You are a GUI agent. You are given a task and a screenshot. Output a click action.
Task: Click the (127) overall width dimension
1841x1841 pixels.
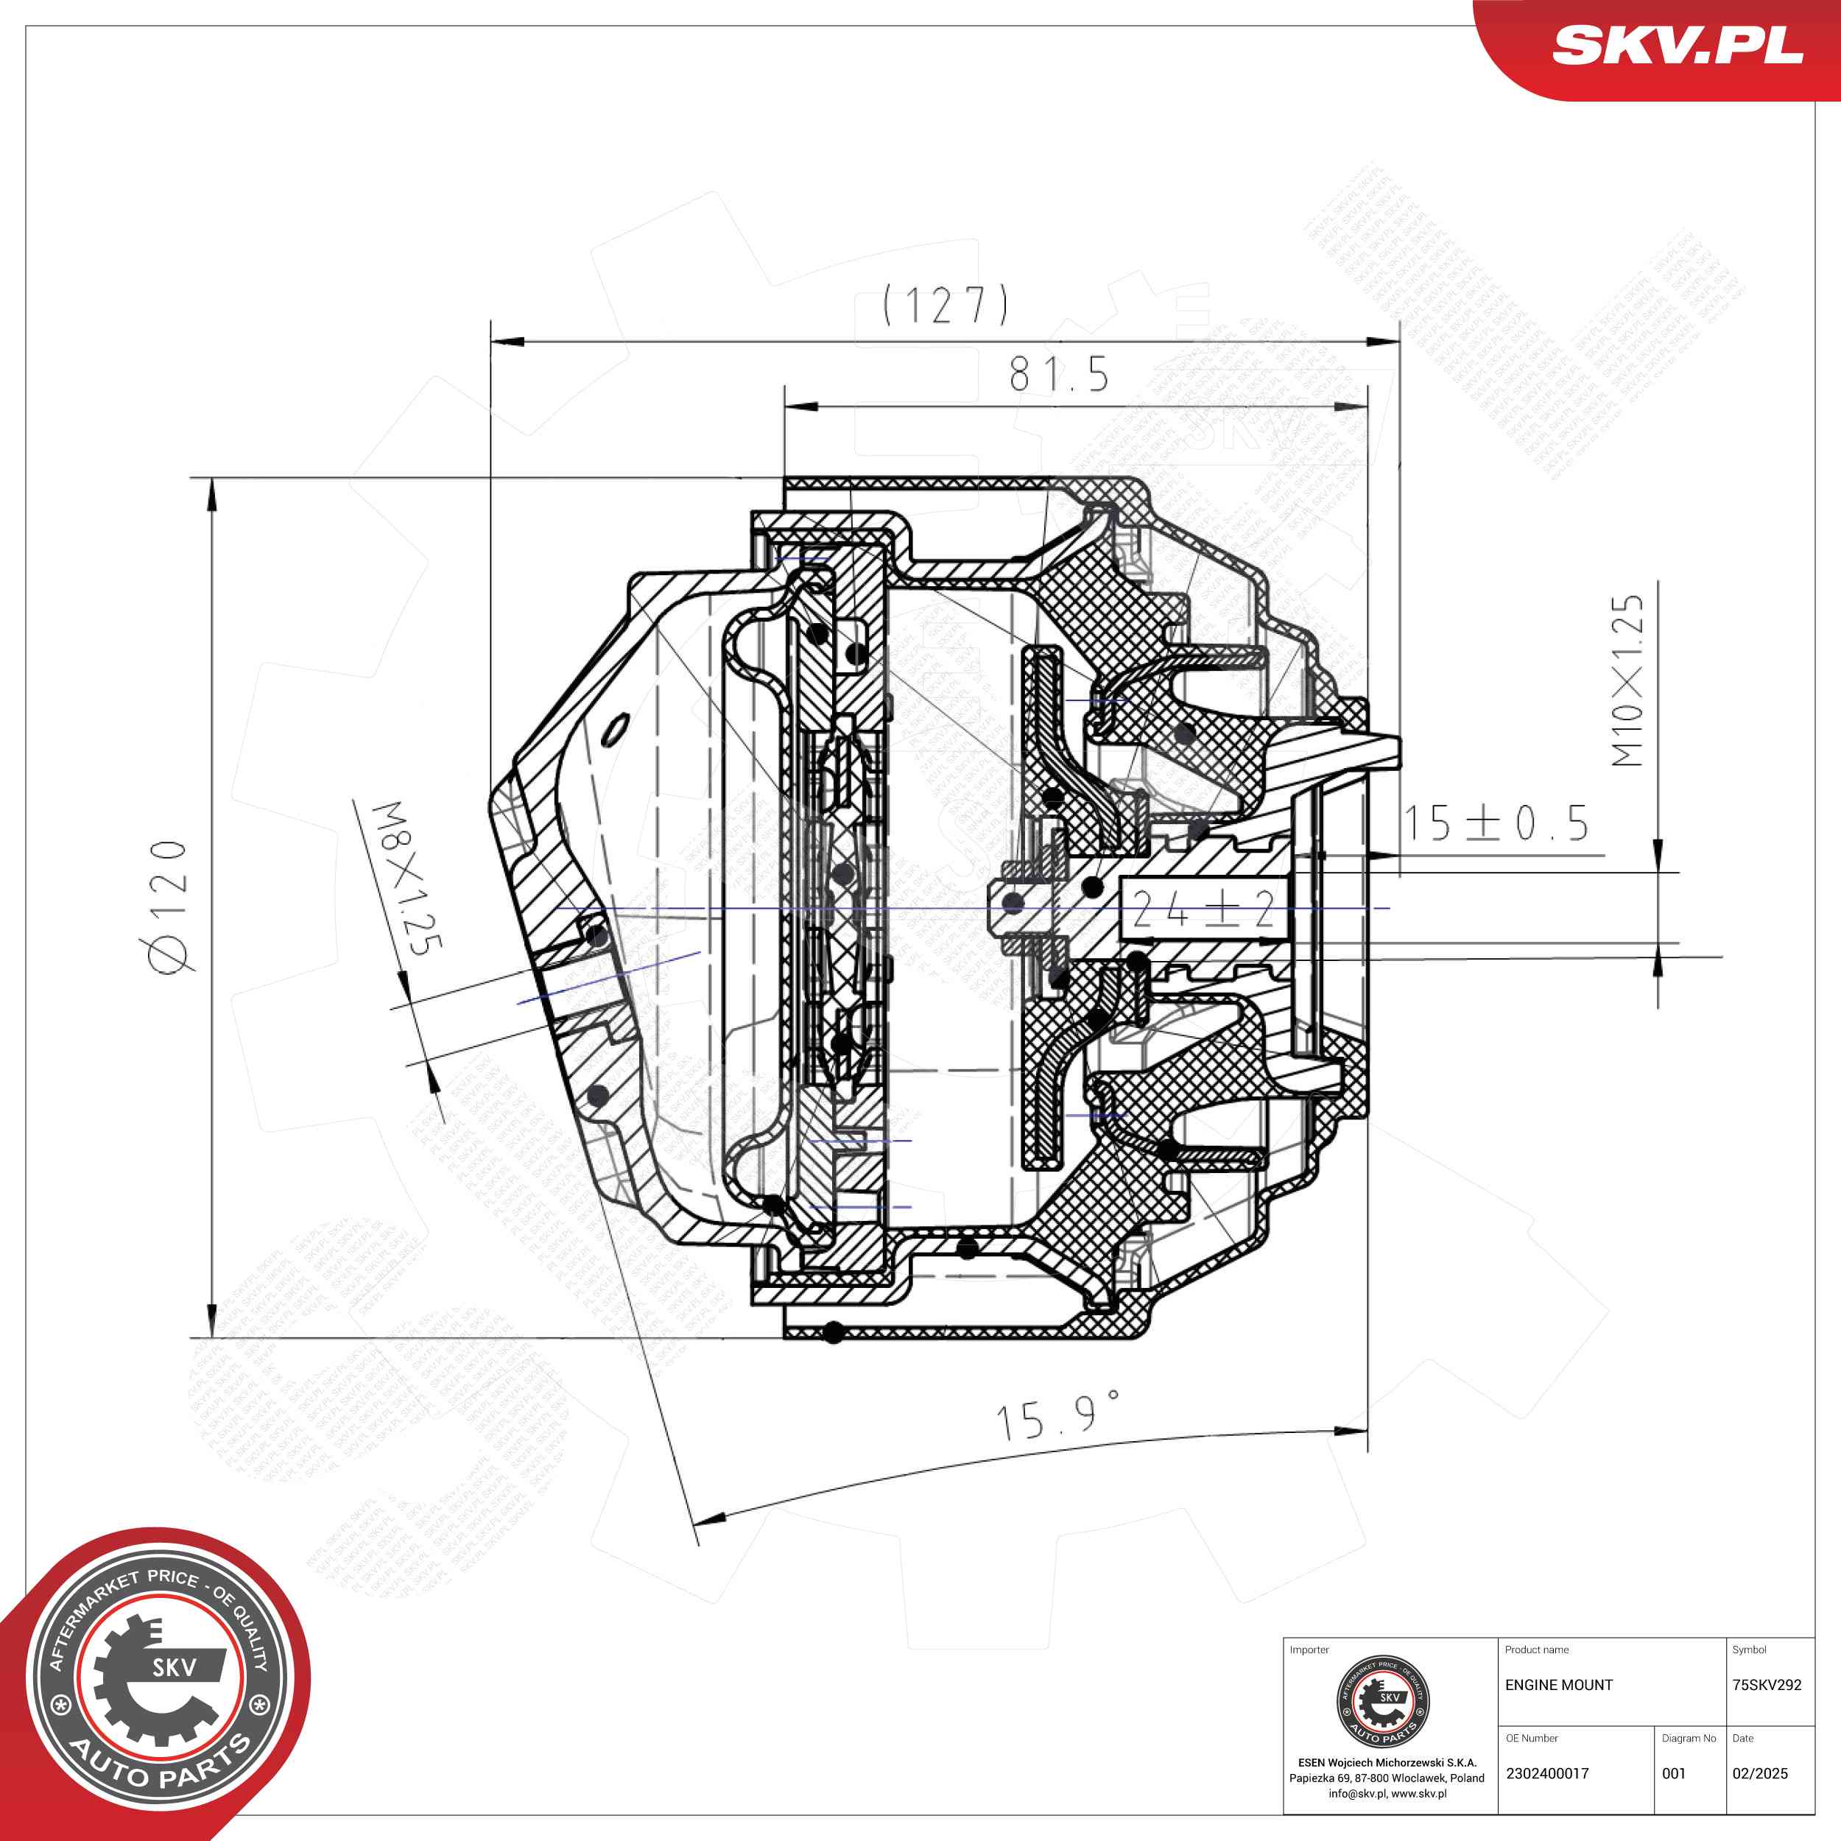point(944,305)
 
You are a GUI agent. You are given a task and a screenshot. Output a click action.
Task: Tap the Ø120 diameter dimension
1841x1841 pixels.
point(168,907)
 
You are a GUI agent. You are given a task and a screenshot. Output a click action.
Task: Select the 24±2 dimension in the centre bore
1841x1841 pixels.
point(1203,909)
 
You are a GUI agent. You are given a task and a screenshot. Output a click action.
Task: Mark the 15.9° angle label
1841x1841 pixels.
point(1056,1416)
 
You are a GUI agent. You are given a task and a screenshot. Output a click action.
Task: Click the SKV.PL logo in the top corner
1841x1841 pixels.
point(1677,46)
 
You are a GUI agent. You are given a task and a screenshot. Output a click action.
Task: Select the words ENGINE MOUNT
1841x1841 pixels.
point(1559,1685)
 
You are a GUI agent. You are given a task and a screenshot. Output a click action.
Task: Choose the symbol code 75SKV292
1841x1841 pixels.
point(1767,1685)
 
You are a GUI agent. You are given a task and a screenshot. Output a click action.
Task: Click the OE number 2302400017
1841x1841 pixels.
point(1547,1773)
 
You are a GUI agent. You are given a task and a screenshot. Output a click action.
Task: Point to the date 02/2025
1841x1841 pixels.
point(1760,1773)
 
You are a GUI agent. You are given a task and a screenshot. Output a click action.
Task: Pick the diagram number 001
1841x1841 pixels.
point(1675,1773)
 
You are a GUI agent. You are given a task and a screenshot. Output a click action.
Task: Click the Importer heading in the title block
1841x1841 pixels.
point(1309,1650)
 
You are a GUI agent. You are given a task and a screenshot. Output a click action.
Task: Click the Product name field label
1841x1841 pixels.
point(1536,1650)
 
